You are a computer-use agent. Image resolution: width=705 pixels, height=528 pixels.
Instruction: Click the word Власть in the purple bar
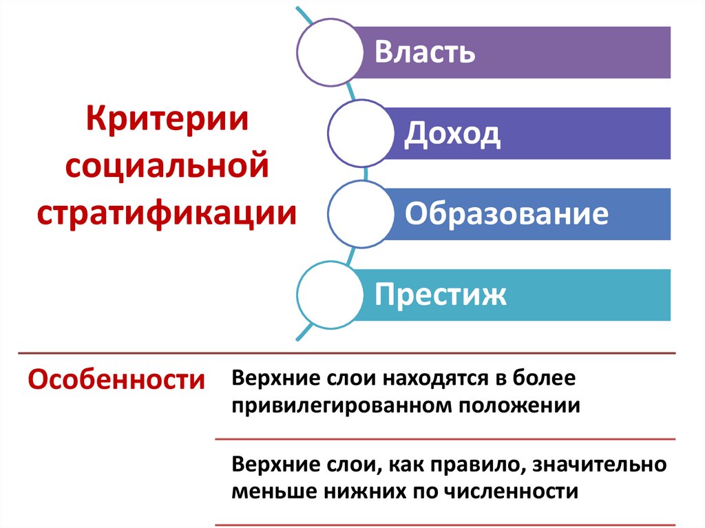click(425, 52)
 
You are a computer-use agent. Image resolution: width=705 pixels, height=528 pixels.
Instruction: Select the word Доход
click(452, 134)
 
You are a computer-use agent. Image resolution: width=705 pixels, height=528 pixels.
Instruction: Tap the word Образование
click(506, 214)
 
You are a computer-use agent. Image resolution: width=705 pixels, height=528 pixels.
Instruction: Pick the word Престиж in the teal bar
click(441, 295)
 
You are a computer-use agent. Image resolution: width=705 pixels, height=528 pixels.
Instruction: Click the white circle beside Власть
click(330, 52)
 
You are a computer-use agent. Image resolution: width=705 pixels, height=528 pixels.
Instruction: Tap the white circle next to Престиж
click(330, 295)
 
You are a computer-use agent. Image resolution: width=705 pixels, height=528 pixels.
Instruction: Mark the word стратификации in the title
click(167, 211)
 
